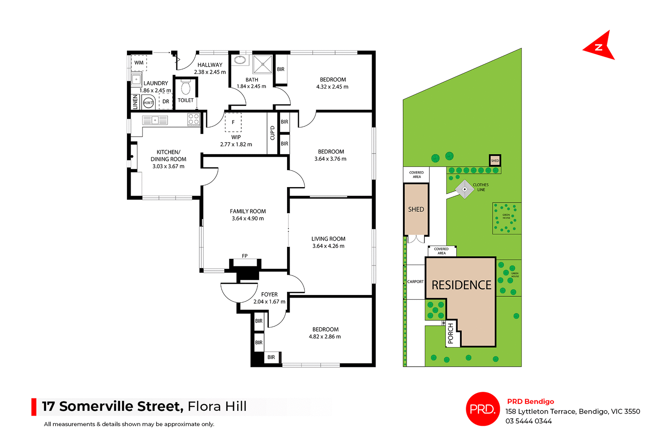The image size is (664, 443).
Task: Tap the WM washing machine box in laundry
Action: tap(139, 63)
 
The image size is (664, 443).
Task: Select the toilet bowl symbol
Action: tap(186, 87)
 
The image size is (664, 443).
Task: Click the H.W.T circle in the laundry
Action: tap(148, 102)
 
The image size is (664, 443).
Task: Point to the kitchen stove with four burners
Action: tap(194, 119)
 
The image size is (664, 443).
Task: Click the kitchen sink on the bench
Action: tap(155, 120)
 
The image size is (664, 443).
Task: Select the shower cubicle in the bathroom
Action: tap(262, 64)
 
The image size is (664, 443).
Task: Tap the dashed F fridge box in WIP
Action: tap(233, 122)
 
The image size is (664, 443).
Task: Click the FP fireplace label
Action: tap(245, 256)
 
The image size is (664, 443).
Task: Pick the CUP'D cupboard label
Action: tap(273, 133)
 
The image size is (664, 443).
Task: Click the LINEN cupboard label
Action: tap(135, 102)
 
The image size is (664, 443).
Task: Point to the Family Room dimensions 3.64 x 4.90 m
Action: tap(248, 219)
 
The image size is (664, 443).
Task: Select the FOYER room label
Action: tap(269, 294)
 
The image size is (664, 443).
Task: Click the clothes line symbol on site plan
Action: tap(464, 189)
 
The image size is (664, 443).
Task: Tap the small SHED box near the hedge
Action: tap(495, 160)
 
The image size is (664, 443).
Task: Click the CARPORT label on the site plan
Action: tap(415, 282)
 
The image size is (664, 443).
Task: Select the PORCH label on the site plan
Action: tap(450, 333)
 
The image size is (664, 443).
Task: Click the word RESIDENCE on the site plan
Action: tap(461, 285)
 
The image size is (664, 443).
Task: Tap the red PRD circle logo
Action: tap(483, 409)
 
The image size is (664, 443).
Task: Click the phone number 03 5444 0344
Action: tap(528, 421)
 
